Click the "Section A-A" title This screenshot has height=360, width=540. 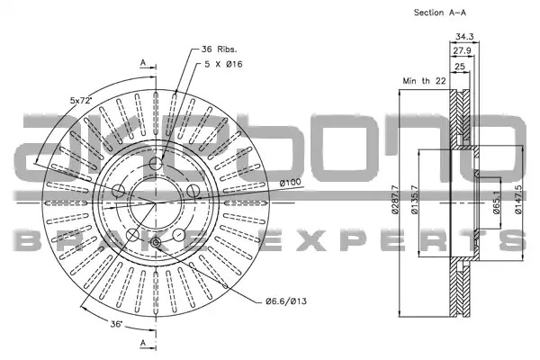(x=440, y=13)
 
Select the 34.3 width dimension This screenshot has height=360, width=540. (x=464, y=36)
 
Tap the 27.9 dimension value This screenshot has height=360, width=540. (x=462, y=50)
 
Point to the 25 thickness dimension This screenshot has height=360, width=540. (x=460, y=66)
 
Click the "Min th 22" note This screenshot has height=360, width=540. (x=424, y=81)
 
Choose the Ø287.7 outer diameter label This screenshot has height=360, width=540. (x=395, y=200)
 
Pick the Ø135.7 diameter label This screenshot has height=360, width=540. (x=414, y=200)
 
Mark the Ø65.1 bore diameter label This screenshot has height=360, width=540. (x=496, y=202)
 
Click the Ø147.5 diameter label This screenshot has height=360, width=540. (x=518, y=200)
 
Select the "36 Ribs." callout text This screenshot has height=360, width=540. (x=220, y=49)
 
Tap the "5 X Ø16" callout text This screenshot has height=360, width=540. (x=223, y=64)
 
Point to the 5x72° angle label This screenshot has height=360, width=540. (x=81, y=100)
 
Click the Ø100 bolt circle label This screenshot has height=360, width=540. (x=290, y=182)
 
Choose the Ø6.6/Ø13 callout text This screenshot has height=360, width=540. (x=286, y=301)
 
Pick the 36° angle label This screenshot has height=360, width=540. (x=116, y=324)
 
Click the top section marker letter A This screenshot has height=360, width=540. (x=143, y=63)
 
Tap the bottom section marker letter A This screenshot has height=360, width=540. (x=143, y=343)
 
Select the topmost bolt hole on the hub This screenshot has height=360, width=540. (x=156, y=163)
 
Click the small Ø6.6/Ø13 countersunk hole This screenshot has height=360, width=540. (x=156, y=243)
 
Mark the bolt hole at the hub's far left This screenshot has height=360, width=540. (x=119, y=191)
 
